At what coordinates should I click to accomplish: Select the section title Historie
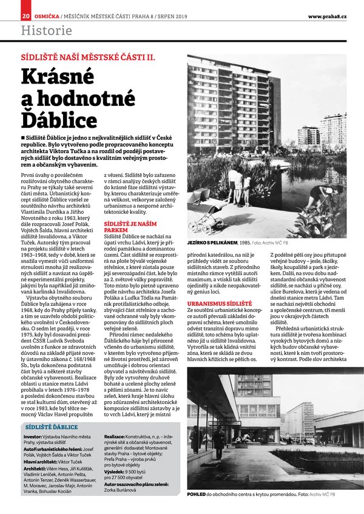[x=46, y=29]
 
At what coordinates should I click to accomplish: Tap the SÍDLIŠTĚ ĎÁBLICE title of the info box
[x=52, y=427]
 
